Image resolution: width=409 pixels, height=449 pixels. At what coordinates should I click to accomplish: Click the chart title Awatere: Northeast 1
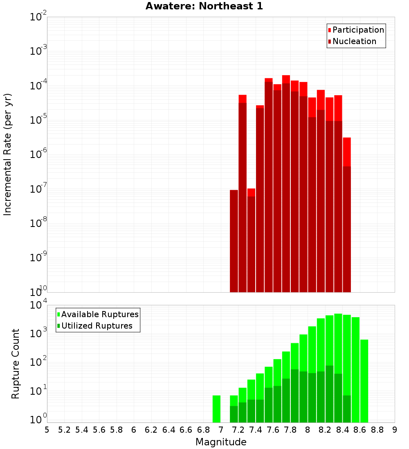point(204,6)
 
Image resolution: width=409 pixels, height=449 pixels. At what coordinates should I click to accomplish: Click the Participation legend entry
point(358,30)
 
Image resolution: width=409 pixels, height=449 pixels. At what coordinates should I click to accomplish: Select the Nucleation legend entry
point(354,41)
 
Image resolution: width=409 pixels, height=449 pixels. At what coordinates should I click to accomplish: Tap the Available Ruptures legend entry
point(100,314)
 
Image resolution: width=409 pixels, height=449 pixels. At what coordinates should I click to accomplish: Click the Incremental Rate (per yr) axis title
point(8,154)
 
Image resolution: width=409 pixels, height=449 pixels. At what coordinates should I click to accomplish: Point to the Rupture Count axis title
point(16,363)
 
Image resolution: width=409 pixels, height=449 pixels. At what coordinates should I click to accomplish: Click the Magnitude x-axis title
point(221,442)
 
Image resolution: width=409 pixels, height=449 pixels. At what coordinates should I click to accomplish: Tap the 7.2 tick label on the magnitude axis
point(238,430)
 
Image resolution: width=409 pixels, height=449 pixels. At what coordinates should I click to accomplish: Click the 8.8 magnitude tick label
point(377,430)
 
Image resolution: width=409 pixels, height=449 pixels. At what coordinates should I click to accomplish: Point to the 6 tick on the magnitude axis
point(134,430)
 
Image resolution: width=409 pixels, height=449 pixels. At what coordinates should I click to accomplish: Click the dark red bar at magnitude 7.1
point(234,241)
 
